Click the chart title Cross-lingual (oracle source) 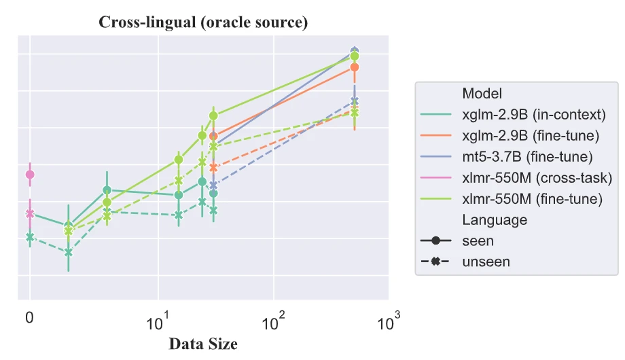203,22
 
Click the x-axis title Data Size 203,344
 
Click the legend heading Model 482,93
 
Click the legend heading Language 494,219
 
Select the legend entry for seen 478,240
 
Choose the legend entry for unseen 485,262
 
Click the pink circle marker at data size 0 30,175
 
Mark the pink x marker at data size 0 30,213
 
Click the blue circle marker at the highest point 354,51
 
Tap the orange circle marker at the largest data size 354,67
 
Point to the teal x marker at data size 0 30,237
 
